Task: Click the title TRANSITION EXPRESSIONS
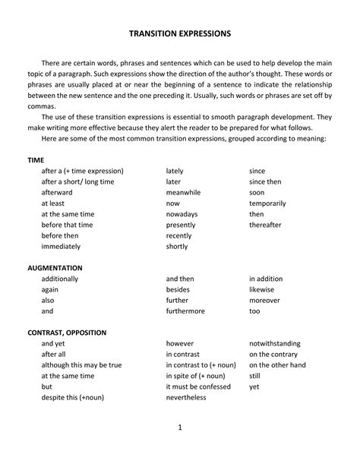tap(180, 34)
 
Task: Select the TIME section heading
tap(36, 160)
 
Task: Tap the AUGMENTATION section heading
tap(55, 268)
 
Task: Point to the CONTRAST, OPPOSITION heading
tap(67, 333)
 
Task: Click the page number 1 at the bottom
tap(180, 427)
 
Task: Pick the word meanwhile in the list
tap(183, 193)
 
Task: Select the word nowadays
tap(182, 214)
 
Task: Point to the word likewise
tap(261, 289)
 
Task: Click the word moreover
tap(264, 300)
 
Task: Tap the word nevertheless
tap(186, 397)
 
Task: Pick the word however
tap(180, 343)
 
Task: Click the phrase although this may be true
tap(81, 365)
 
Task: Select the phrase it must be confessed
tap(199, 386)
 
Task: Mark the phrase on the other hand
tap(277, 365)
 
